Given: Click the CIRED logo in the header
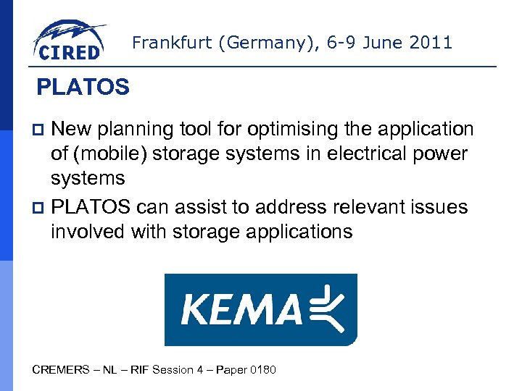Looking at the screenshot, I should (x=69, y=41).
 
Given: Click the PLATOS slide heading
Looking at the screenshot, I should (x=83, y=88).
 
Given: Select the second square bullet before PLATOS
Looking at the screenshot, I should (x=41, y=208).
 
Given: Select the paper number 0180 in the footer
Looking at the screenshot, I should (x=262, y=370).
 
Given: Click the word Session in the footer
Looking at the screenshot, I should (x=173, y=370).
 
